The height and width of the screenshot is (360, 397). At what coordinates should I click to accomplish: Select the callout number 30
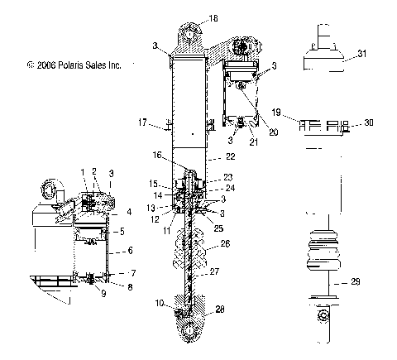click(369, 122)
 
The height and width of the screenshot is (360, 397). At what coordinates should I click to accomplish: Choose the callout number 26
click(225, 244)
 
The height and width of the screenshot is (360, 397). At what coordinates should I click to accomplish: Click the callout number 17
click(142, 123)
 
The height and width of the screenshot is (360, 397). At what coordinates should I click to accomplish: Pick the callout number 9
click(103, 292)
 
